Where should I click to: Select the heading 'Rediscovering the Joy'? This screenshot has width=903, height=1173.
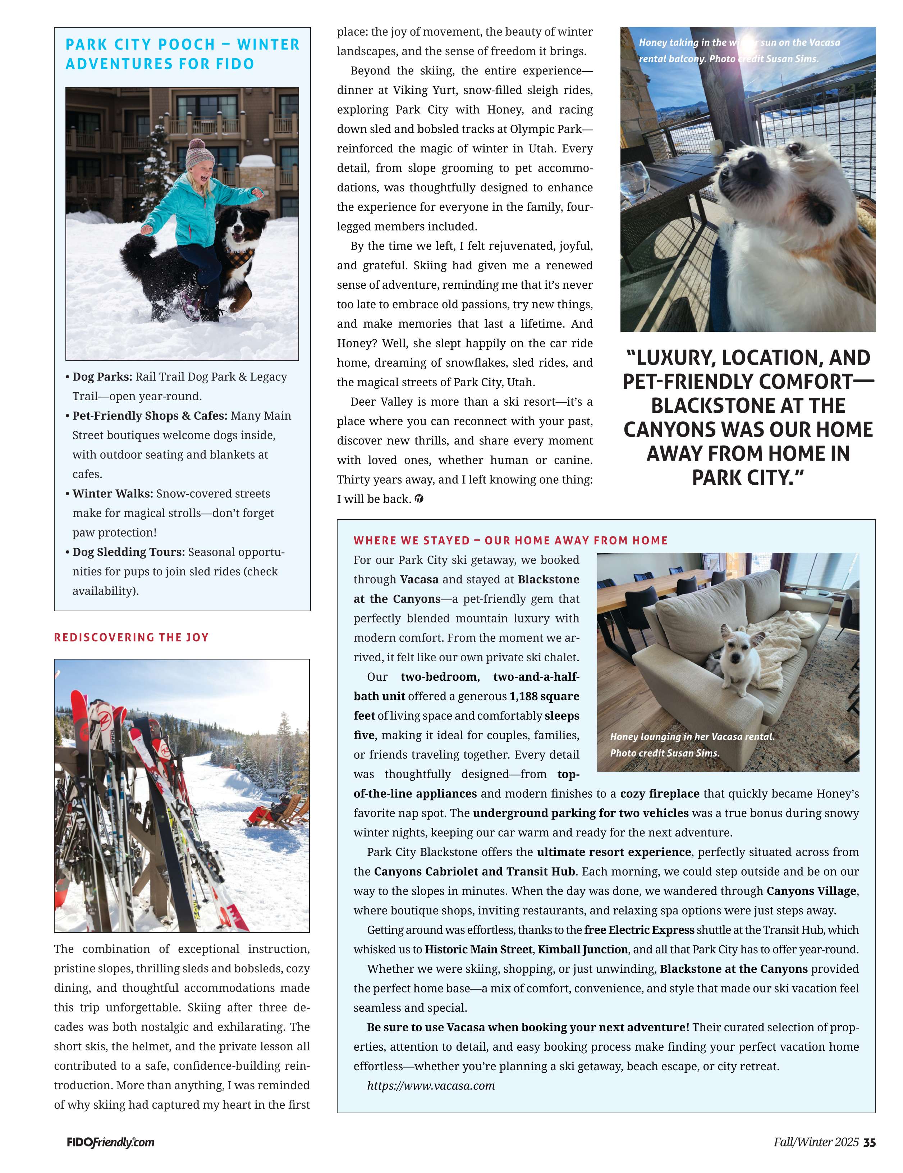[x=131, y=638]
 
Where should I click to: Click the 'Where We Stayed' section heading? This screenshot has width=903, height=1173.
[x=510, y=540]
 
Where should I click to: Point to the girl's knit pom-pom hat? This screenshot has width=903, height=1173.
[x=200, y=155]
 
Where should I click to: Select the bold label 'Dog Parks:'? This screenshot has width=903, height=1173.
[x=102, y=377]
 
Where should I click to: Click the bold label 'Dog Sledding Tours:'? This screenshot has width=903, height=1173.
[x=129, y=552]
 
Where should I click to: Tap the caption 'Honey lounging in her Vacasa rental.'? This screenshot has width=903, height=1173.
[x=692, y=736]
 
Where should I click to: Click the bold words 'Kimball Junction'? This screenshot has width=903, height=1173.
[x=582, y=950]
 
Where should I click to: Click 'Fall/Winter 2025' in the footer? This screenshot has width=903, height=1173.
[x=816, y=1142]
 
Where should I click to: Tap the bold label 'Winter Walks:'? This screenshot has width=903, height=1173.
[x=113, y=494]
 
